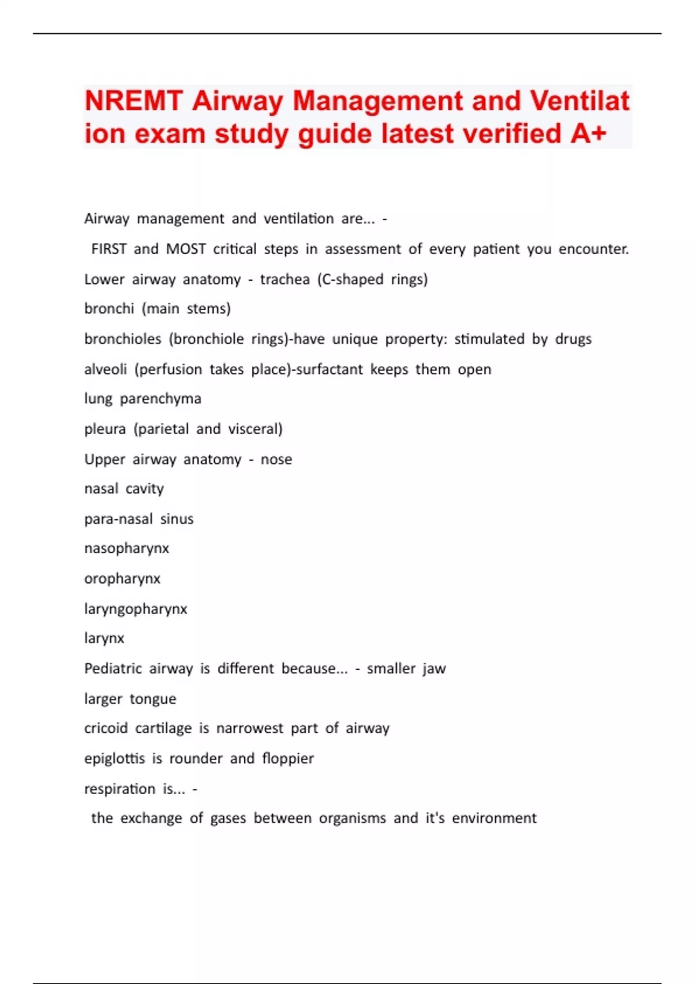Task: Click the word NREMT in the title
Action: click(x=134, y=101)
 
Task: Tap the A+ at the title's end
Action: click(x=588, y=134)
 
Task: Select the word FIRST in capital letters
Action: click(x=109, y=249)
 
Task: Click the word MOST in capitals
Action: click(x=186, y=249)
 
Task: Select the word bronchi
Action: click(x=109, y=309)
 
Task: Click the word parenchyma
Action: click(x=160, y=399)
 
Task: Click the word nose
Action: click(x=276, y=459)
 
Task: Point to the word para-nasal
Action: click(x=119, y=519)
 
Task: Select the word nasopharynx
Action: click(x=127, y=548)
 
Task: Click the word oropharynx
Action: click(x=122, y=578)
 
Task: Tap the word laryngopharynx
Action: click(x=136, y=609)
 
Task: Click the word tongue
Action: click(x=153, y=699)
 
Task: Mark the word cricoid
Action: click(x=106, y=728)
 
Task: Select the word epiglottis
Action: click(x=115, y=758)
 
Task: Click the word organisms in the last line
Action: click(x=352, y=818)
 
